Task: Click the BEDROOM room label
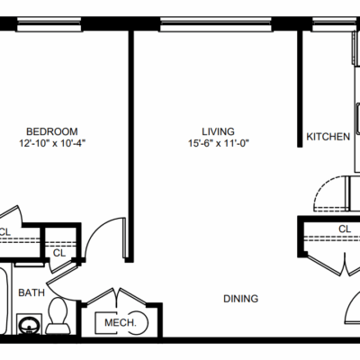(52, 131)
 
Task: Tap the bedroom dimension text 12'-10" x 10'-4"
(52, 143)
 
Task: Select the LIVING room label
(218, 131)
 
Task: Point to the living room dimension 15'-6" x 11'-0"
(219, 143)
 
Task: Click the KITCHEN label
(328, 137)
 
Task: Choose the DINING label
(241, 299)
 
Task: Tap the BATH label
(31, 292)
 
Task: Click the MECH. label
(121, 323)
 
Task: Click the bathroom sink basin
(29, 324)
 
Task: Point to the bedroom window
(49, 24)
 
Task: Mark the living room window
(216, 24)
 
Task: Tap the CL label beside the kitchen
(345, 229)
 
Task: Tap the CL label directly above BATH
(59, 253)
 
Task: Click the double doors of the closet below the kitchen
(345, 265)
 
